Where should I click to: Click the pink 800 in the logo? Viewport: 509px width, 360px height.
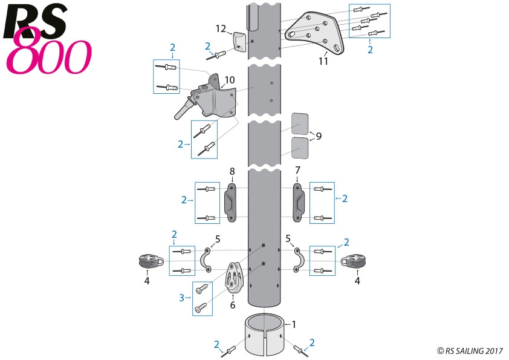tap(48, 57)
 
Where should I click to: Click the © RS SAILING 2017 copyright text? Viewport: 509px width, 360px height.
tap(470, 350)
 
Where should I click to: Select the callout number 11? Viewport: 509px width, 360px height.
tap(323, 61)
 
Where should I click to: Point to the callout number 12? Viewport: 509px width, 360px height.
tap(221, 28)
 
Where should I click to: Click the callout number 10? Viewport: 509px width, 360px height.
tap(230, 80)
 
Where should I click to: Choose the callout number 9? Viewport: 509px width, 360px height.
tap(318, 136)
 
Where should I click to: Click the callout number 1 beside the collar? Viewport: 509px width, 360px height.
tap(294, 324)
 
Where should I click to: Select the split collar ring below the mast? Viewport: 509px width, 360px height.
tap(265, 336)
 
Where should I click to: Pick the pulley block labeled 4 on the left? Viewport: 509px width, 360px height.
tap(147, 261)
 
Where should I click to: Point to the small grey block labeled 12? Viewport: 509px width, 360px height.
tap(239, 42)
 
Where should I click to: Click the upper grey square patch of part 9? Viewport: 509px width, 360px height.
tap(300, 123)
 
